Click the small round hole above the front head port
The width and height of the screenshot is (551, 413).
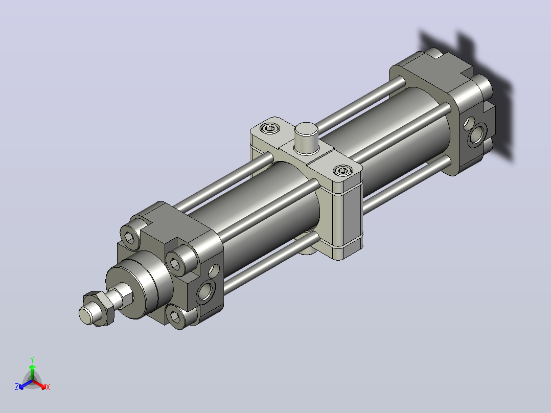pyautogui.click(x=214, y=270)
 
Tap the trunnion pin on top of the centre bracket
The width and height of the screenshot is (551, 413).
pyautogui.click(x=307, y=138)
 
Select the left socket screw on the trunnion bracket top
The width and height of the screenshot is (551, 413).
pyautogui.click(x=270, y=129)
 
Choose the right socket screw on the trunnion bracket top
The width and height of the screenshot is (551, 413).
pyautogui.click(x=342, y=171)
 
